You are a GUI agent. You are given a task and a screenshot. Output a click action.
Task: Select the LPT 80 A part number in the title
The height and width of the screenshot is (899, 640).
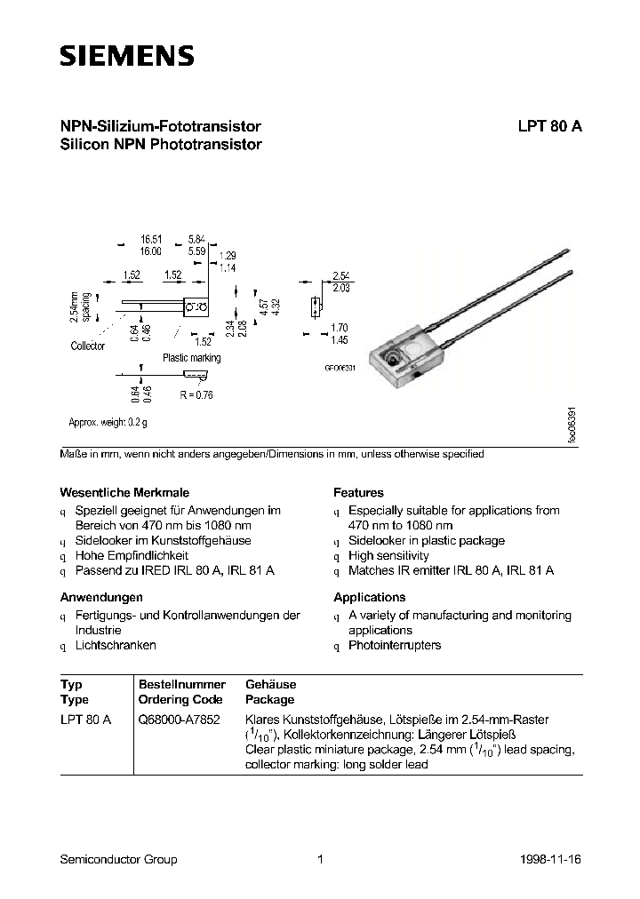coord(549,126)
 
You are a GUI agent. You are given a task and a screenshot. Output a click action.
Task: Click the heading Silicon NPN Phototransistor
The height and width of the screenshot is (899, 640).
coord(160,144)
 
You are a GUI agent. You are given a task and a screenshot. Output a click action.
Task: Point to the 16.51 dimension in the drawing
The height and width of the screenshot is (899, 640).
coord(150,240)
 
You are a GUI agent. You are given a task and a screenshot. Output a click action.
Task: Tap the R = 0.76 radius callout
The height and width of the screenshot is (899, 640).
coord(196,394)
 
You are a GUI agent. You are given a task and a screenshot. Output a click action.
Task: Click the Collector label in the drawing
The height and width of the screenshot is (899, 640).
coord(87,346)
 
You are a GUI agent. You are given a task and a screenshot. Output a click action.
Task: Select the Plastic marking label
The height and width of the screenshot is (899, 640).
coord(191,358)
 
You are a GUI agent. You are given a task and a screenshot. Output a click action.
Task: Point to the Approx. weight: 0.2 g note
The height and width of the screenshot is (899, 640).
coord(108,423)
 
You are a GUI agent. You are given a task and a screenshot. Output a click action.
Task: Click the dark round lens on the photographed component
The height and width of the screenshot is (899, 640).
coord(389,359)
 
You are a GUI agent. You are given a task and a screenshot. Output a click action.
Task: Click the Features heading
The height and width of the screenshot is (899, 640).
coord(358,492)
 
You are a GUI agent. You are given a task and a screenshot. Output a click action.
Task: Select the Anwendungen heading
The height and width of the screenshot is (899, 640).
coord(101,597)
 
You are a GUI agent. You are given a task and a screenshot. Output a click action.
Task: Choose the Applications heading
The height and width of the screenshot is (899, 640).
coord(369,597)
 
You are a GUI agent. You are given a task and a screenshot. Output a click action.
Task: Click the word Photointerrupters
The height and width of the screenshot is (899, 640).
coord(395,645)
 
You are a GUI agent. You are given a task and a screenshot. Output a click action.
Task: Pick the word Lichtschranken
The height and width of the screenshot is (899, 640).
coord(116,645)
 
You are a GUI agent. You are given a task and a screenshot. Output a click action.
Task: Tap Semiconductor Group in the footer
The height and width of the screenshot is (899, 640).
coord(118,859)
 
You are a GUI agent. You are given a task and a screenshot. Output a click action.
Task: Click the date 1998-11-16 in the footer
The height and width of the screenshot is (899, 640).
coord(551,859)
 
